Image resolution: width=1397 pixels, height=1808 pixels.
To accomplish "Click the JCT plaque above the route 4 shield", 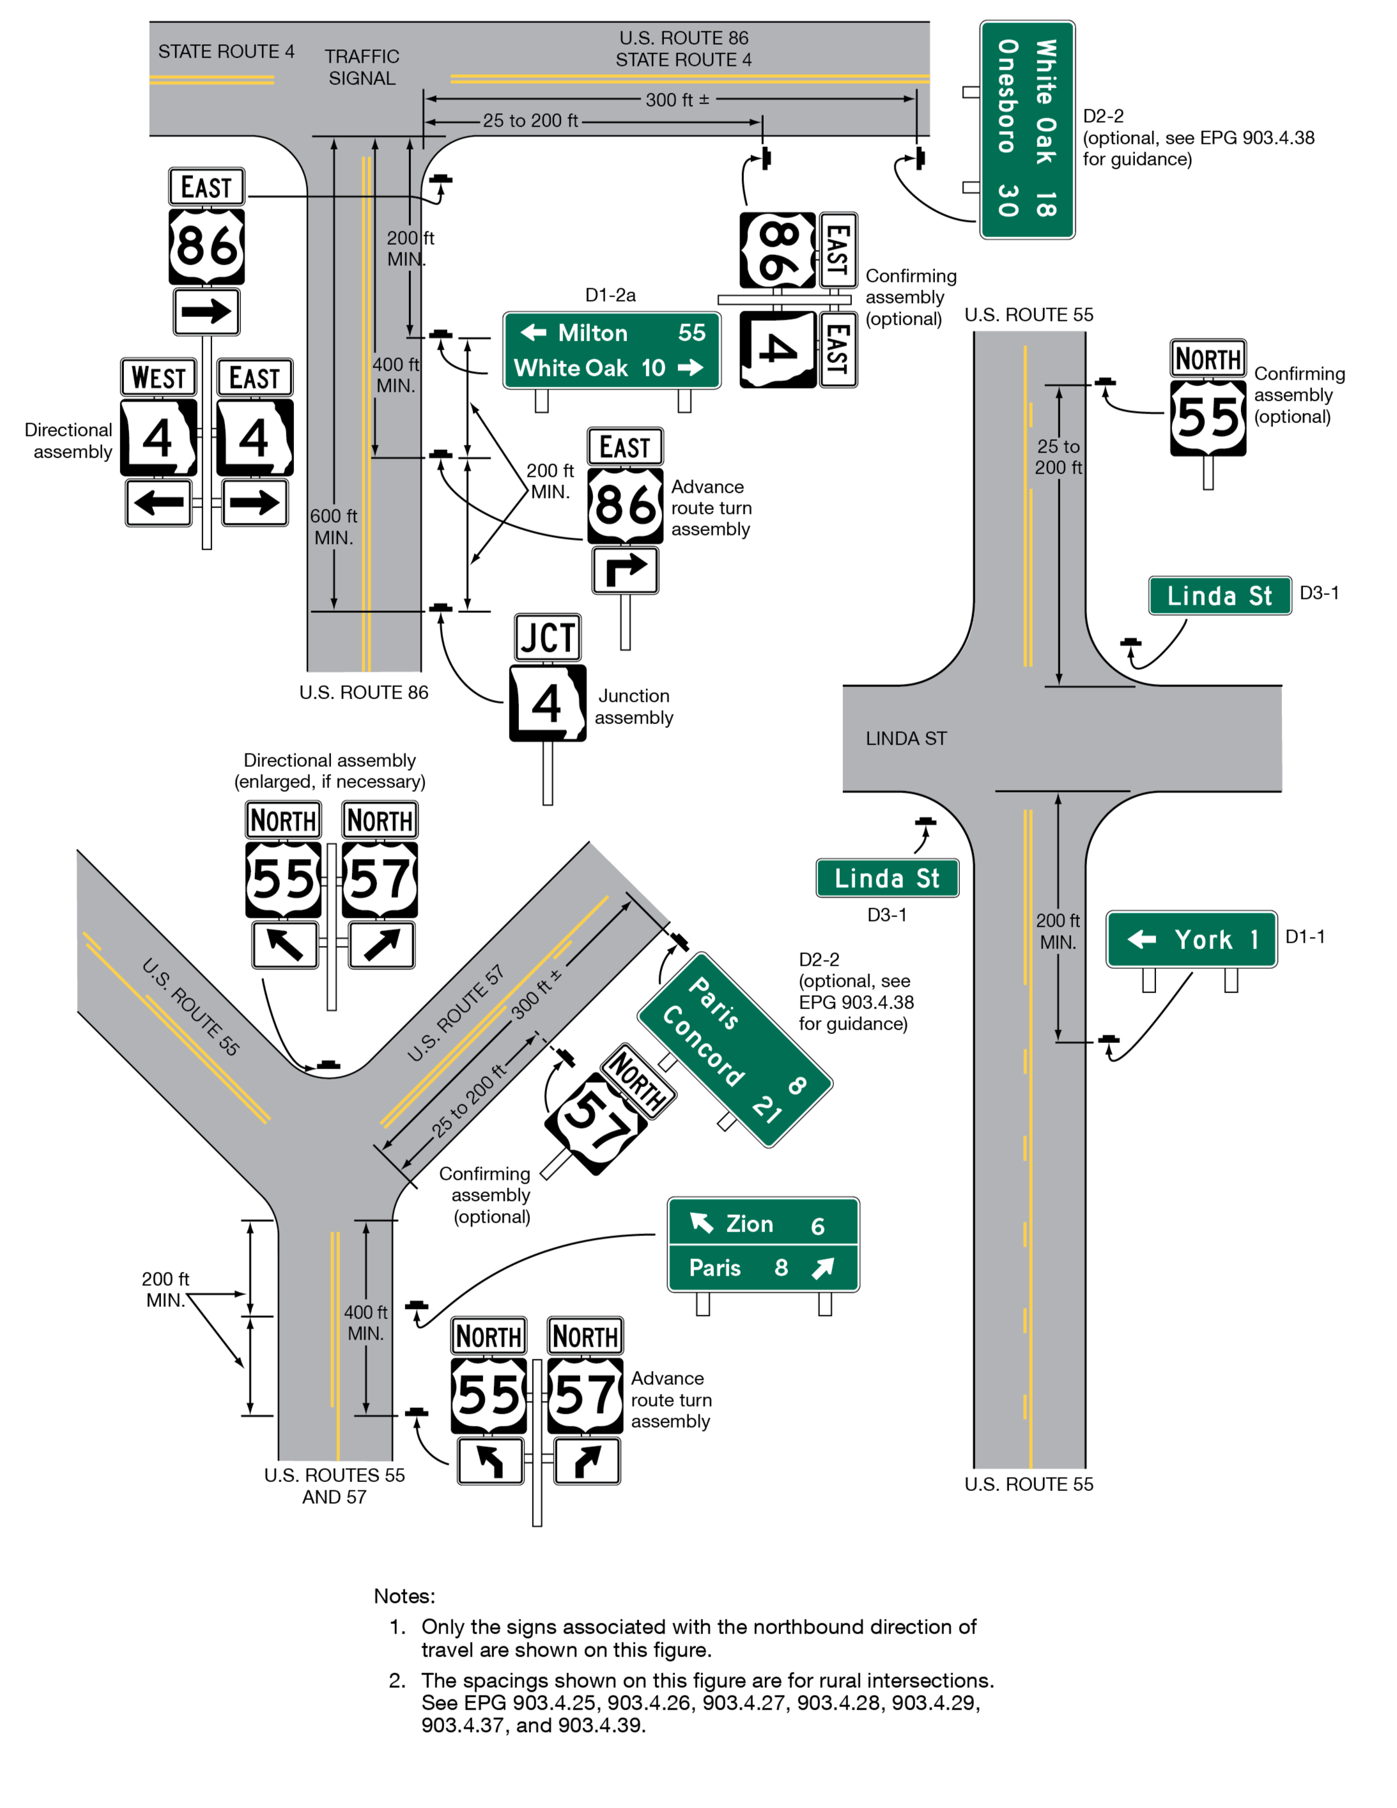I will [x=547, y=637].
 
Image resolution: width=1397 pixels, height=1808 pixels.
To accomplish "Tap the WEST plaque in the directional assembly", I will [x=158, y=378].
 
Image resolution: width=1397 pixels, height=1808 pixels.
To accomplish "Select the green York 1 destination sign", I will [x=1191, y=939].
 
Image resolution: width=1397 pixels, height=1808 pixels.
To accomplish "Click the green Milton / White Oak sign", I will [x=612, y=350].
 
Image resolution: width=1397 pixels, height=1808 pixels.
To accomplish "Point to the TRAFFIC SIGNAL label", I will [x=362, y=67].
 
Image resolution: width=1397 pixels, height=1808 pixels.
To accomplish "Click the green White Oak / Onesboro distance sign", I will [x=1027, y=130].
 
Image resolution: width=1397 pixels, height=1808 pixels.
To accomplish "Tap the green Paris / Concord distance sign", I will [x=735, y=1049].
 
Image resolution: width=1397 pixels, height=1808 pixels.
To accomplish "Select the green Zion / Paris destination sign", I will [x=763, y=1244].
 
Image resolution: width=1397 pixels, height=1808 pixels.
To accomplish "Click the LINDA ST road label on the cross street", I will [x=906, y=738].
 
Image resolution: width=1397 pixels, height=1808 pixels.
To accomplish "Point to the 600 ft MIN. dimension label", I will [x=334, y=527].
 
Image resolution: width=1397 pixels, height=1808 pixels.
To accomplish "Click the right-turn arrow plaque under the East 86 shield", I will [x=625, y=570].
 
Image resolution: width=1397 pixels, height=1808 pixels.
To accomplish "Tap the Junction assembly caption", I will [x=633, y=706].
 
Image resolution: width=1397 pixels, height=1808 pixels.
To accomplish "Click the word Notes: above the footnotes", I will [x=404, y=1595].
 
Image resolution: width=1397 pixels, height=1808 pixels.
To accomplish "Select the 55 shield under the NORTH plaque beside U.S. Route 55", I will [x=1207, y=418].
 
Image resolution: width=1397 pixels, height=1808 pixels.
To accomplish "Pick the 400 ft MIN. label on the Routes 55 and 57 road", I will [x=366, y=1322].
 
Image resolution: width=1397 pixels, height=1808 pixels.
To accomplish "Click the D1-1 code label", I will [x=1304, y=936].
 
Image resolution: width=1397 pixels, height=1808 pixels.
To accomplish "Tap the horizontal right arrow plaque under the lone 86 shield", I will [x=206, y=311].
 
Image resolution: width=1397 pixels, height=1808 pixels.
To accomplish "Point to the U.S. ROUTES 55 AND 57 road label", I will [x=334, y=1485].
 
